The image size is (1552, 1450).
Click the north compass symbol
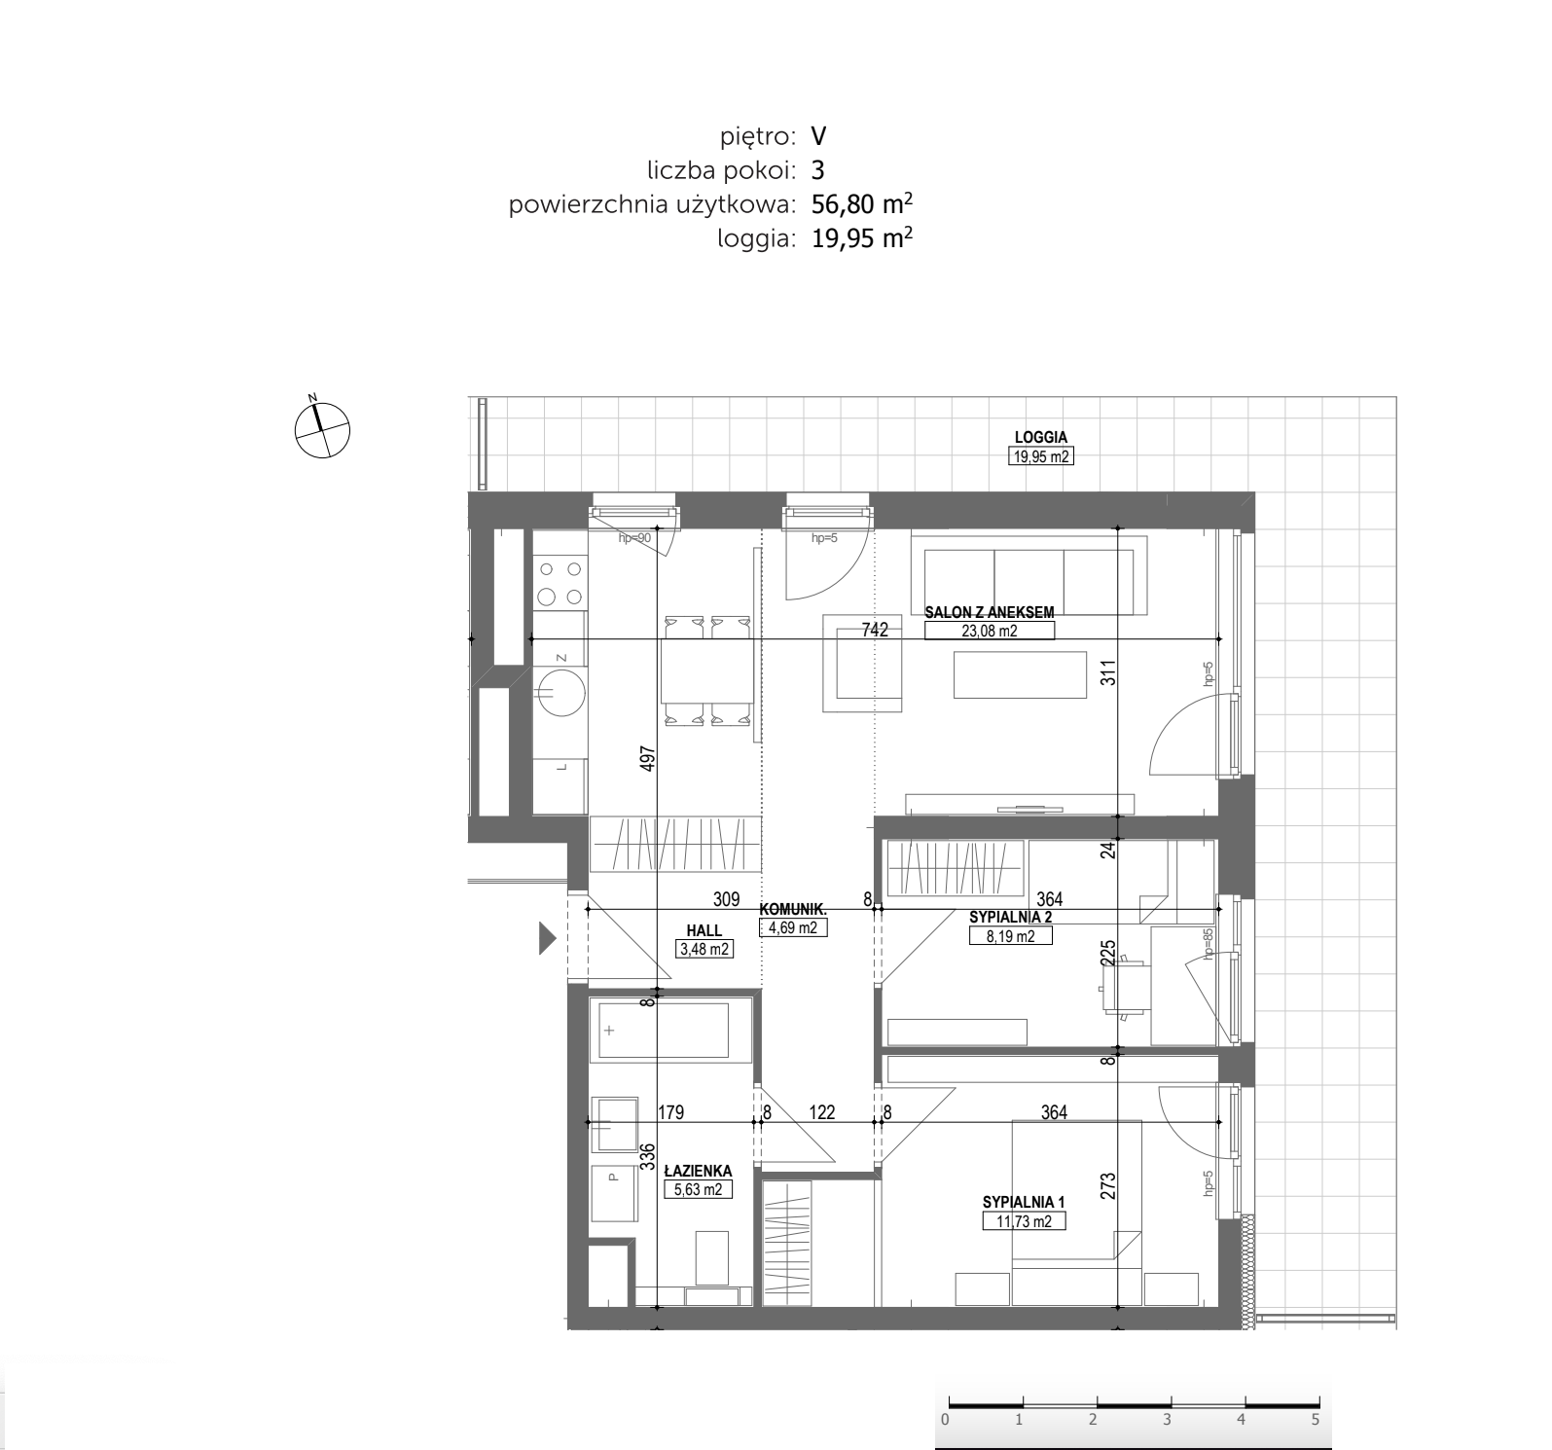tap(322, 428)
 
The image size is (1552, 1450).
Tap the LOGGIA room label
tap(1040, 438)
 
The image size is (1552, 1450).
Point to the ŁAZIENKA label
tap(698, 1172)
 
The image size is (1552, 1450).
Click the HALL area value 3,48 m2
tap(704, 949)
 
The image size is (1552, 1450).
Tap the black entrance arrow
tap(548, 938)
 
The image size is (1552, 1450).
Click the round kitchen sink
tap(559, 691)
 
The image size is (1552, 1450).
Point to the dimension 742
tap(875, 630)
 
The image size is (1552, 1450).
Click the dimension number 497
tap(648, 759)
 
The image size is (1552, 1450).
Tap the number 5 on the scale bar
tap(1315, 1420)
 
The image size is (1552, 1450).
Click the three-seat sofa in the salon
tap(1029, 582)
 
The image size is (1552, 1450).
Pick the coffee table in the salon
tap(1020, 674)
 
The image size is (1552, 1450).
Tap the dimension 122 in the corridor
tap(822, 1112)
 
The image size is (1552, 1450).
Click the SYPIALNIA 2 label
tap(1010, 917)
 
